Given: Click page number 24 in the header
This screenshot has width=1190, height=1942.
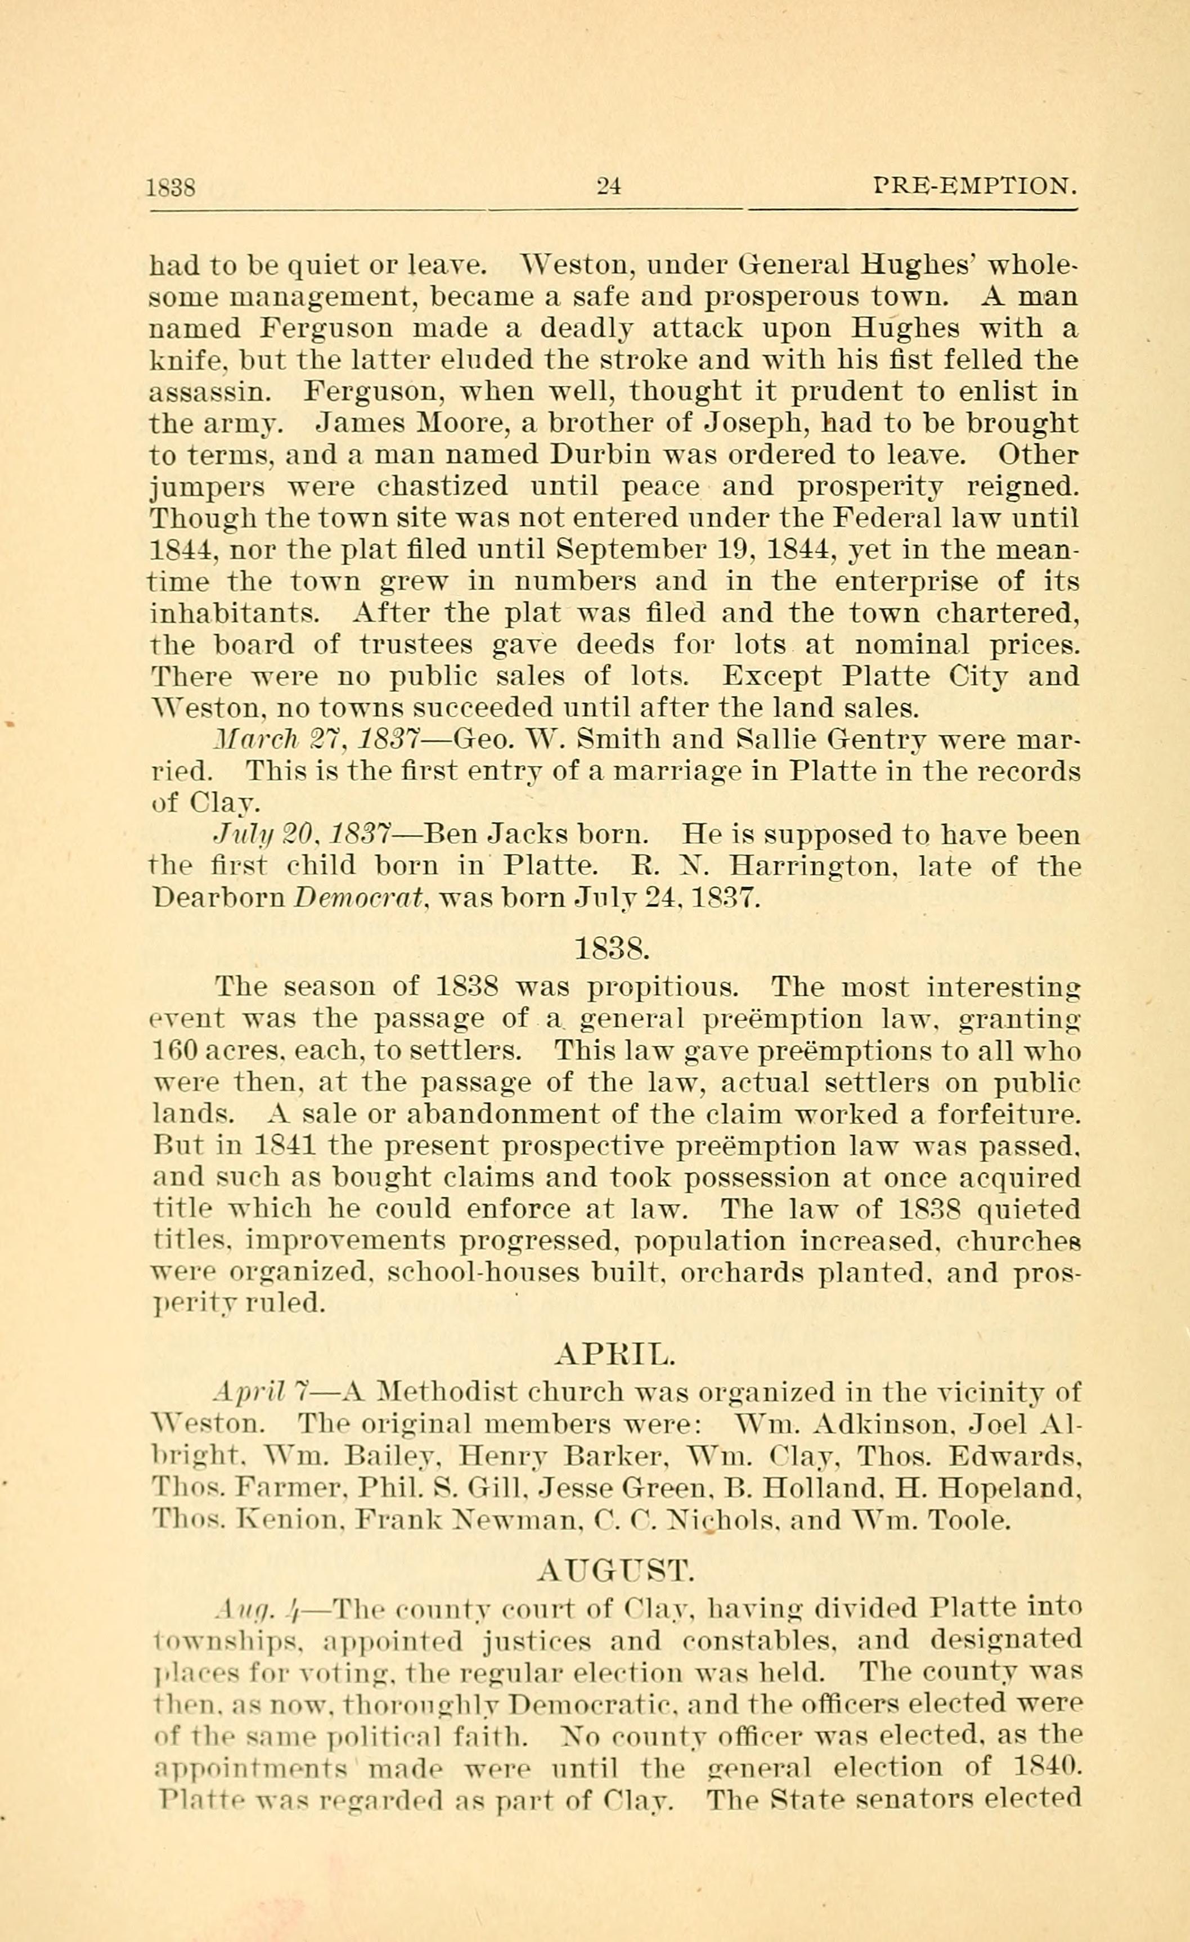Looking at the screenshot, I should pos(609,187).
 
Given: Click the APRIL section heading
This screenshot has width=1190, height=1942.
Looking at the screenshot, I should pos(615,1354).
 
